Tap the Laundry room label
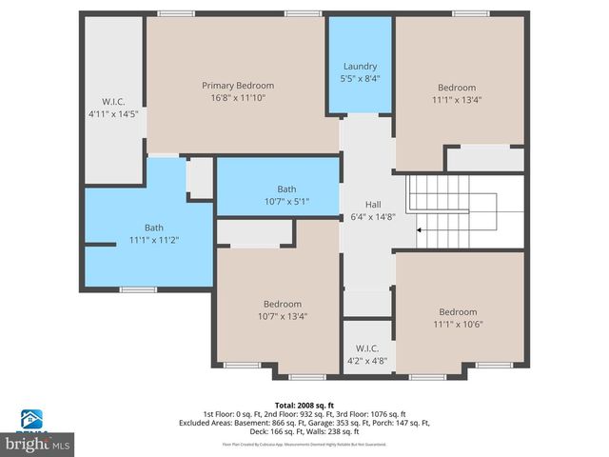point(361,66)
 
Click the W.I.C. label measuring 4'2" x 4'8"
point(366,349)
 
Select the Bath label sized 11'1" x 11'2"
point(154,228)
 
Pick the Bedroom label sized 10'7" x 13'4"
point(283,304)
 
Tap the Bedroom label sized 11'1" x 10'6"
point(458,311)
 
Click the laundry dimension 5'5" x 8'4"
point(361,79)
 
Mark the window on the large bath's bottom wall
point(139,289)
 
